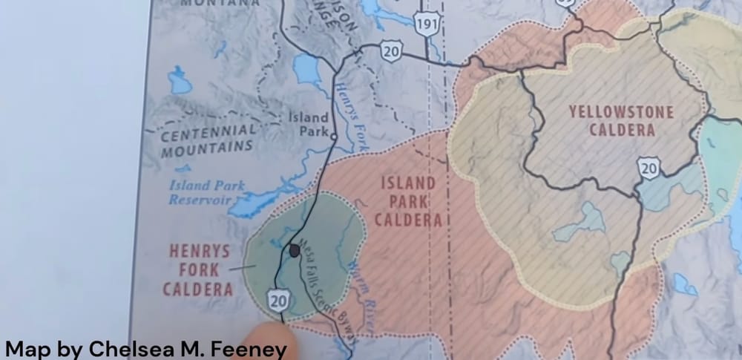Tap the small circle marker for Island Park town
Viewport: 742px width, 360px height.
click(334, 137)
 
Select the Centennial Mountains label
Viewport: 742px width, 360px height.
click(209, 140)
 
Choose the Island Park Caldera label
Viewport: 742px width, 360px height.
click(408, 201)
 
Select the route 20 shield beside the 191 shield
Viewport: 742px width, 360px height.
click(391, 50)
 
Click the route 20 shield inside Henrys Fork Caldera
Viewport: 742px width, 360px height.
click(280, 301)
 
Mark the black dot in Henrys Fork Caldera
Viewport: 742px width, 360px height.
click(295, 251)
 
